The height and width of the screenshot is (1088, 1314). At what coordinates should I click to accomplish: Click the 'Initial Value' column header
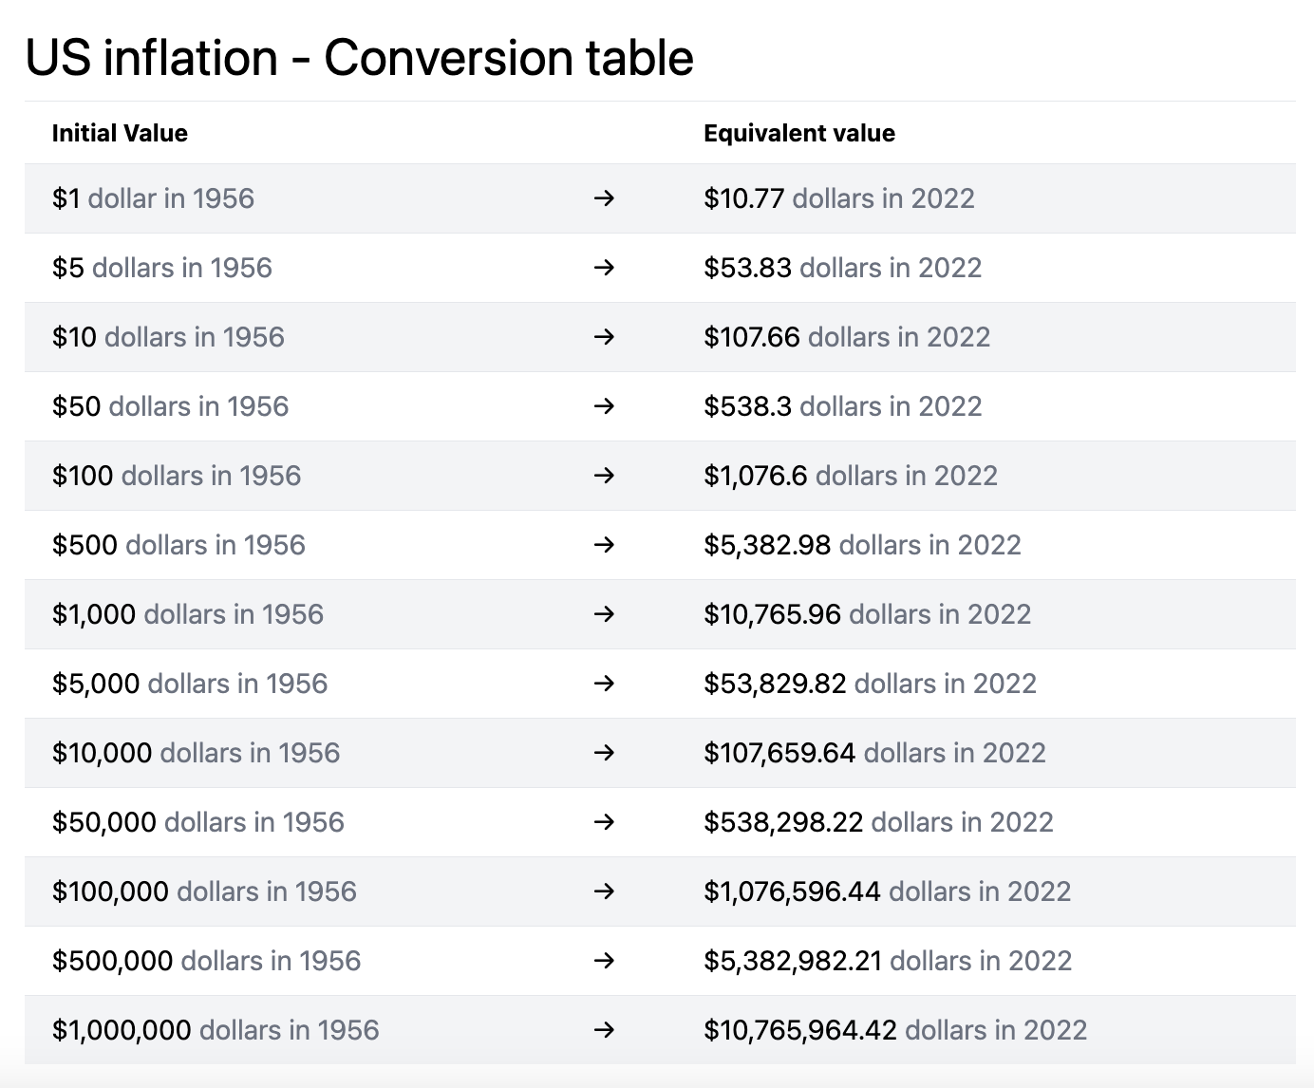pos(120,133)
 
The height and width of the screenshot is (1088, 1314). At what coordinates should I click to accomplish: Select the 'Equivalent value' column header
pos(798,133)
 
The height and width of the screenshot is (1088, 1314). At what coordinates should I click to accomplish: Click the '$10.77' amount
pos(743,198)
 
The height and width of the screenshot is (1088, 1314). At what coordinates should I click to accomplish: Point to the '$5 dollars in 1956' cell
pos(161,268)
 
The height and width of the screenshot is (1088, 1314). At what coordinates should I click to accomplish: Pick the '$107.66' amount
pos(751,337)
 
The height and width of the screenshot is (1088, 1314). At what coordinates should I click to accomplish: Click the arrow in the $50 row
pos(604,406)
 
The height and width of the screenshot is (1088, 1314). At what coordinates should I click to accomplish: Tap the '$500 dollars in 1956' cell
pos(178,545)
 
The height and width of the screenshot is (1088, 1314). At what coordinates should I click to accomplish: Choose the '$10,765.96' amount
pos(772,614)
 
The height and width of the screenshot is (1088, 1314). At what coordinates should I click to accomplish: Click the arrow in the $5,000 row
pos(604,684)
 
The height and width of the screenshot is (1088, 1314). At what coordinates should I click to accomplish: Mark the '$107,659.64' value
pos(779,753)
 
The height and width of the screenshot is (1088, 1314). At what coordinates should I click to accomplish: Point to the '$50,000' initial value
pos(103,822)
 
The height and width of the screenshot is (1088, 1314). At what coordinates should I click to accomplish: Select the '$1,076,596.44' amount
pos(792,891)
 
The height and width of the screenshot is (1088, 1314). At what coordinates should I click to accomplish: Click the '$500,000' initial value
pos(112,961)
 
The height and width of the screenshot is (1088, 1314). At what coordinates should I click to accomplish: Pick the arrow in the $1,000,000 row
pos(604,1030)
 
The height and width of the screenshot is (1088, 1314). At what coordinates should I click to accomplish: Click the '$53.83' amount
pos(747,268)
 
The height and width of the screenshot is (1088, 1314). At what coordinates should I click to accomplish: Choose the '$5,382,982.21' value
pos(793,961)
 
